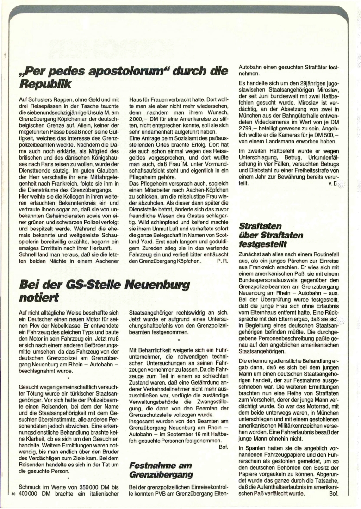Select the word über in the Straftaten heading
251,236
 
